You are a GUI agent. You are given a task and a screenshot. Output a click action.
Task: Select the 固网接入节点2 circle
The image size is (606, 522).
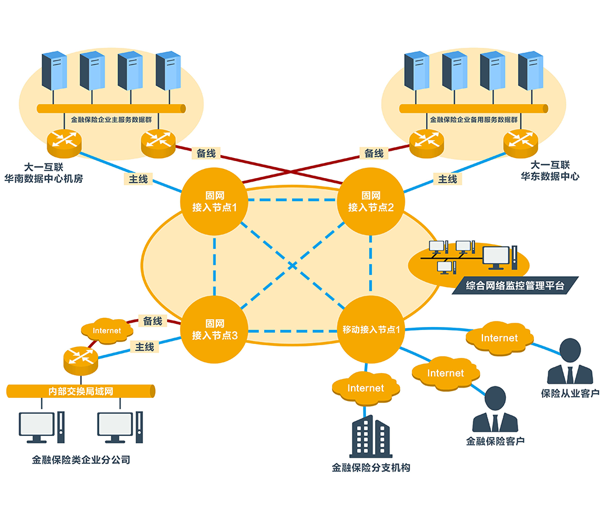point(370,202)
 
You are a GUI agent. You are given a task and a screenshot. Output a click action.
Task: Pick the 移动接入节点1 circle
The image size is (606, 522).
point(370,329)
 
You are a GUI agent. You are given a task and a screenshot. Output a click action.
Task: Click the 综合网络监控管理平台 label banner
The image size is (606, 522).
point(516,285)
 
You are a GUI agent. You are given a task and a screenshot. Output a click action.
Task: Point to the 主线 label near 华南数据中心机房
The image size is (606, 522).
point(138,179)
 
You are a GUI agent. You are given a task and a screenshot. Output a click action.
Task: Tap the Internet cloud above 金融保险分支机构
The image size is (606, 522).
point(365,388)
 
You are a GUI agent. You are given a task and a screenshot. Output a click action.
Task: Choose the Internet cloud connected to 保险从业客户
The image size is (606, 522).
point(499,337)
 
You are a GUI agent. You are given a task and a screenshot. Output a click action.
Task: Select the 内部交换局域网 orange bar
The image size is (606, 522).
point(81,391)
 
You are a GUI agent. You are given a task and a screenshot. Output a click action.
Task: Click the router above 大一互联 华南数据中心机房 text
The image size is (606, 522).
point(64,142)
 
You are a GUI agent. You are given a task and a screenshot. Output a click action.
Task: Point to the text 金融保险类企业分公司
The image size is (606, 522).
point(81,460)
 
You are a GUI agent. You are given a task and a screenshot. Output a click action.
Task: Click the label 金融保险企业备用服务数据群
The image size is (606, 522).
point(474,120)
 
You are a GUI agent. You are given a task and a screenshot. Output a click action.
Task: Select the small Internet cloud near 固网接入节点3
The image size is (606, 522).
point(107,331)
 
